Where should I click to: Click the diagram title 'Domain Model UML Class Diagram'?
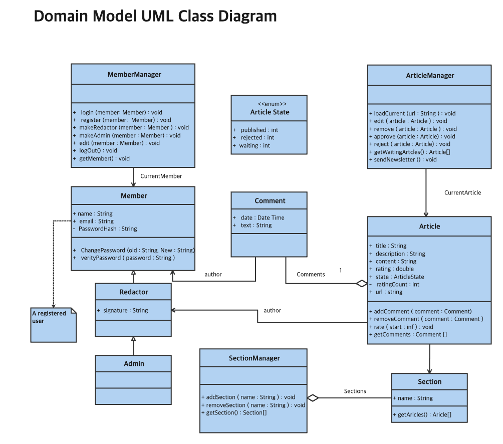click(155, 16)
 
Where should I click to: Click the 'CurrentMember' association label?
click(161, 176)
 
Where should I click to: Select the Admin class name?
click(134, 363)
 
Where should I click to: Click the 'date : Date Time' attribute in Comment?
click(262, 217)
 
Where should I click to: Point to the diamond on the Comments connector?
click(362, 284)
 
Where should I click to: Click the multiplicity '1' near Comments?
click(341, 270)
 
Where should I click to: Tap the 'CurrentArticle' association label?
click(462, 192)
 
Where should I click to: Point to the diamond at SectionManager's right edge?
click(313, 398)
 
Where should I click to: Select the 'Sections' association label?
click(355, 391)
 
